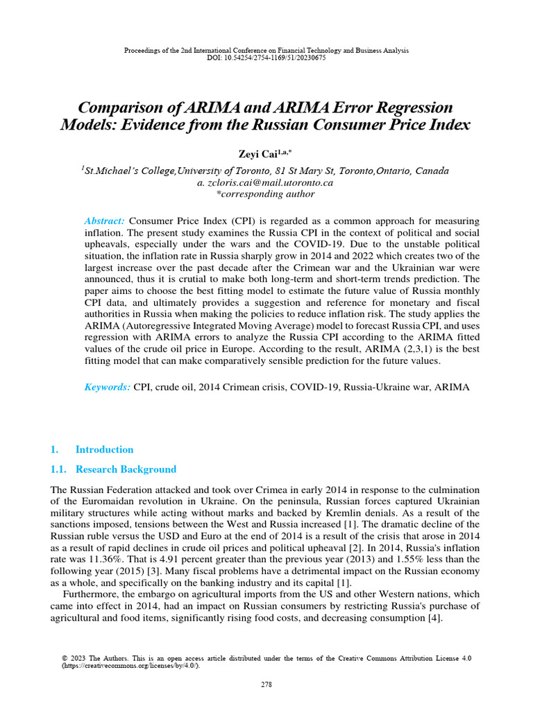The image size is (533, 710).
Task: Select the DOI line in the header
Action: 266,58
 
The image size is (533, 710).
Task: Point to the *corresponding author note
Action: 266,194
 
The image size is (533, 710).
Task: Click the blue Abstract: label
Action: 105,220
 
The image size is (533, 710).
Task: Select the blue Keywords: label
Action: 107,388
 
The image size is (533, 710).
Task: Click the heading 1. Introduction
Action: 92,449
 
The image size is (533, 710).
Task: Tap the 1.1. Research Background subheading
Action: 114,469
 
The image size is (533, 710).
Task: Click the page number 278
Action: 266,684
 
